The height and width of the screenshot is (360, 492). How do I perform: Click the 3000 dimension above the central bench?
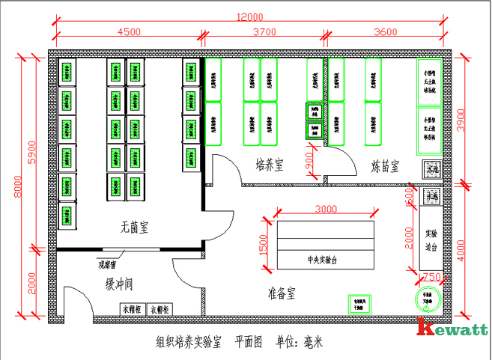pos(325,209)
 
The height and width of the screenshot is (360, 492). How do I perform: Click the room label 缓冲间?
pos(119,282)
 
